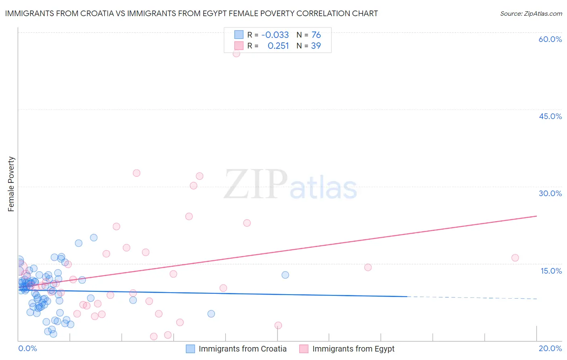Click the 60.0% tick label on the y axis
click(550, 39)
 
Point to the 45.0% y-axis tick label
click(550, 116)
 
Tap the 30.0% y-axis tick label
click(550, 193)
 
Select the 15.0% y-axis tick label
click(551, 271)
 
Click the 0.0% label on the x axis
click(27, 348)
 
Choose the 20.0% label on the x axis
click(550, 348)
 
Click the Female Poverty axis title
click(11, 184)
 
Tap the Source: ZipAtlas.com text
click(531, 13)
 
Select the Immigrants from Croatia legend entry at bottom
click(242, 349)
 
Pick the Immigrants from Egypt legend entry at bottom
click(353, 349)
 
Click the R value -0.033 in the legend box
click(275, 35)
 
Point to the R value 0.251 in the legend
click(278, 46)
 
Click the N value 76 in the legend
click(316, 35)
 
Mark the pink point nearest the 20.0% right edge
click(515, 258)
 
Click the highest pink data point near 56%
click(236, 53)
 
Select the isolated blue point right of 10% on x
click(285, 275)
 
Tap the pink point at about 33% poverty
click(136, 173)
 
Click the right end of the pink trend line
click(536, 216)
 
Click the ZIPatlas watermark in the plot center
click(290, 185)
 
